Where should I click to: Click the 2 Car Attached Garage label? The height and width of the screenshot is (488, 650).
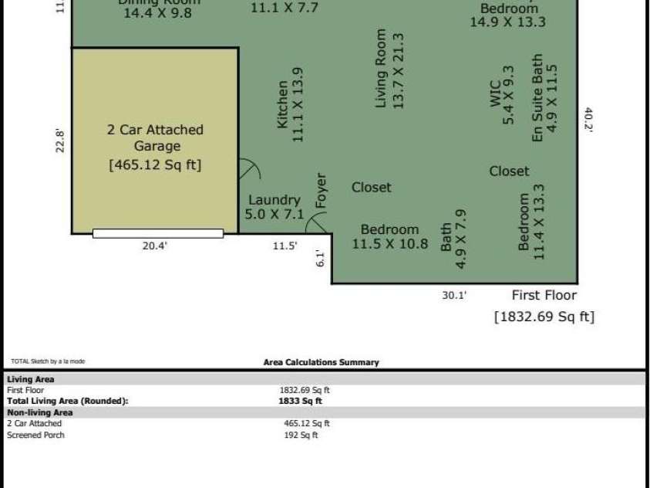(x=155, y=137)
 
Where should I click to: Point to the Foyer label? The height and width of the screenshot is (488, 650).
(x=322, y=191)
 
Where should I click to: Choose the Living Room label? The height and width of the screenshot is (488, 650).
(x=389, y=69)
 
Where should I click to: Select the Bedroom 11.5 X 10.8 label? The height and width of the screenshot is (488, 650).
(x=390, y=236)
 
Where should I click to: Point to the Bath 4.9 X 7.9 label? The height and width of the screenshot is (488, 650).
(x=453, y=238)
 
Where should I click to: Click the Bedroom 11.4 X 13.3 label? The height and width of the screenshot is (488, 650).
(x=531, y=222)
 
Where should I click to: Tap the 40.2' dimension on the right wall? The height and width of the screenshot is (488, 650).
(x=588, y=120)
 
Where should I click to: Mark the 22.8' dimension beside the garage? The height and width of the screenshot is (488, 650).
(x=60, y=141)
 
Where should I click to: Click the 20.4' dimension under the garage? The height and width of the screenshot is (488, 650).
(x=155, y=246)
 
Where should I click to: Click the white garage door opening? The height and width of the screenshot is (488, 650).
(x=158, y=233)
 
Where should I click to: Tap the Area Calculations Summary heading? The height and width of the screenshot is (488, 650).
(x=321, y=362)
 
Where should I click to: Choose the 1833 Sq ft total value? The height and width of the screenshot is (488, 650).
(x=300, y=401)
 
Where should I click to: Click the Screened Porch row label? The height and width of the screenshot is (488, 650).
(x=35, y=435)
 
